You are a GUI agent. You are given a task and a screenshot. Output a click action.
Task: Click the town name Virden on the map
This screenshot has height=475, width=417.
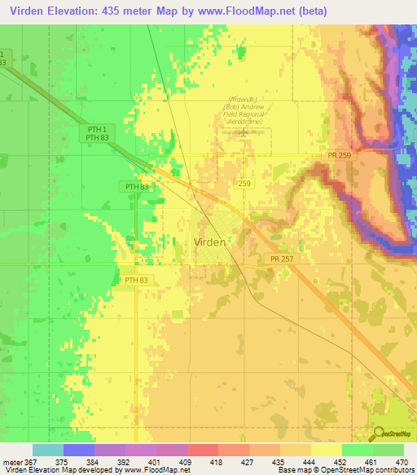209,242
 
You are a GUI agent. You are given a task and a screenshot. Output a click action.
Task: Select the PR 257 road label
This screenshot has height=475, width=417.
279,258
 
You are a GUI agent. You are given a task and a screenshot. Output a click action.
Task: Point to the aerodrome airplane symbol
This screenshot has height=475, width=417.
242,131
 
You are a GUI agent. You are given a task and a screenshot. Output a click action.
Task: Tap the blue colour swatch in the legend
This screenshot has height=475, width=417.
78,450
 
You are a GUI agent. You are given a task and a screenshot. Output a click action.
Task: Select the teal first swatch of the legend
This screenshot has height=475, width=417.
47,450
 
